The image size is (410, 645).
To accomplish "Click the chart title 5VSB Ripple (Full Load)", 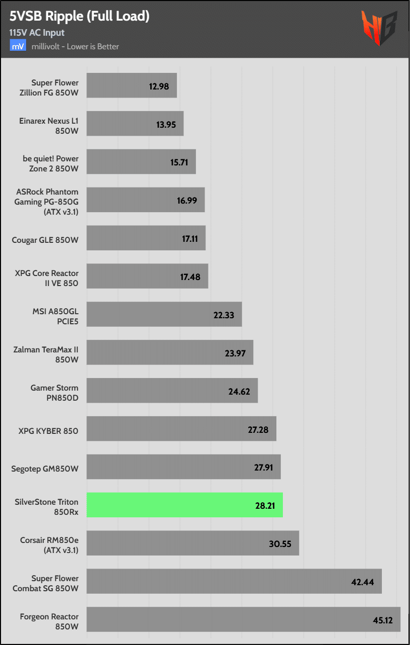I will coord(79,16).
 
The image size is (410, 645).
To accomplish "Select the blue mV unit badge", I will coord(18,46).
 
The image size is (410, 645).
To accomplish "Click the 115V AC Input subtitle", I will coord(37,33).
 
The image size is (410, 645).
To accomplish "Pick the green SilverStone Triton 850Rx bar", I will coord(184,505).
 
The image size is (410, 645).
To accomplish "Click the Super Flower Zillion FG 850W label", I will coord(55,87).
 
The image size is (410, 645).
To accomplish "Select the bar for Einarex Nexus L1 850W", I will coord(135,124).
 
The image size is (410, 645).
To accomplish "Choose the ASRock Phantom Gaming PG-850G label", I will coord(48,201).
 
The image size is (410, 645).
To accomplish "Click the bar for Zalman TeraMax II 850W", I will coord(169,352).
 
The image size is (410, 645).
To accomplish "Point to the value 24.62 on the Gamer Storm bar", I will coord(239,391).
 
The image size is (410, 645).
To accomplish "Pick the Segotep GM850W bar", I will coord(183,467).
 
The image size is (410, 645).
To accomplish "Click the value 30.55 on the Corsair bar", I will coord(280,543).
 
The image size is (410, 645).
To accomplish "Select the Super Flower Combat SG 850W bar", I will coord(234,581).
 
